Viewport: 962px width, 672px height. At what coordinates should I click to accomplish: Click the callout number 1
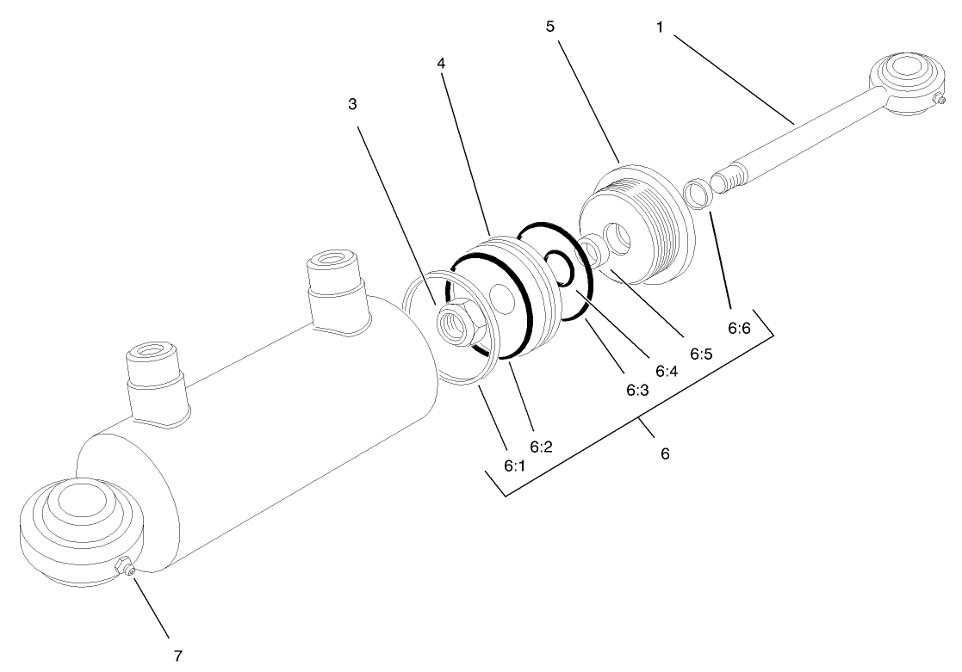tap(660, 27)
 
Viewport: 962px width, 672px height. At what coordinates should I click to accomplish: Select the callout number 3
tap(352, 103)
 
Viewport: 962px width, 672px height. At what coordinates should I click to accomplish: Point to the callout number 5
tap(550, 27)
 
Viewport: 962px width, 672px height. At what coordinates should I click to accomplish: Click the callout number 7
tap(178, 656)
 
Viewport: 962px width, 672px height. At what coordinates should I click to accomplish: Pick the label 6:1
tap(513, 465)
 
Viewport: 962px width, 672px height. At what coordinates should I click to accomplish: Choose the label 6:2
tap(541, 447)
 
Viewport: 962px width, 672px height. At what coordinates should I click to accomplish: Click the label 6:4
tap(667, 371)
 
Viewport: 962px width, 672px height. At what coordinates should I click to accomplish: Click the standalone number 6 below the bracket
tap(664, 453)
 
